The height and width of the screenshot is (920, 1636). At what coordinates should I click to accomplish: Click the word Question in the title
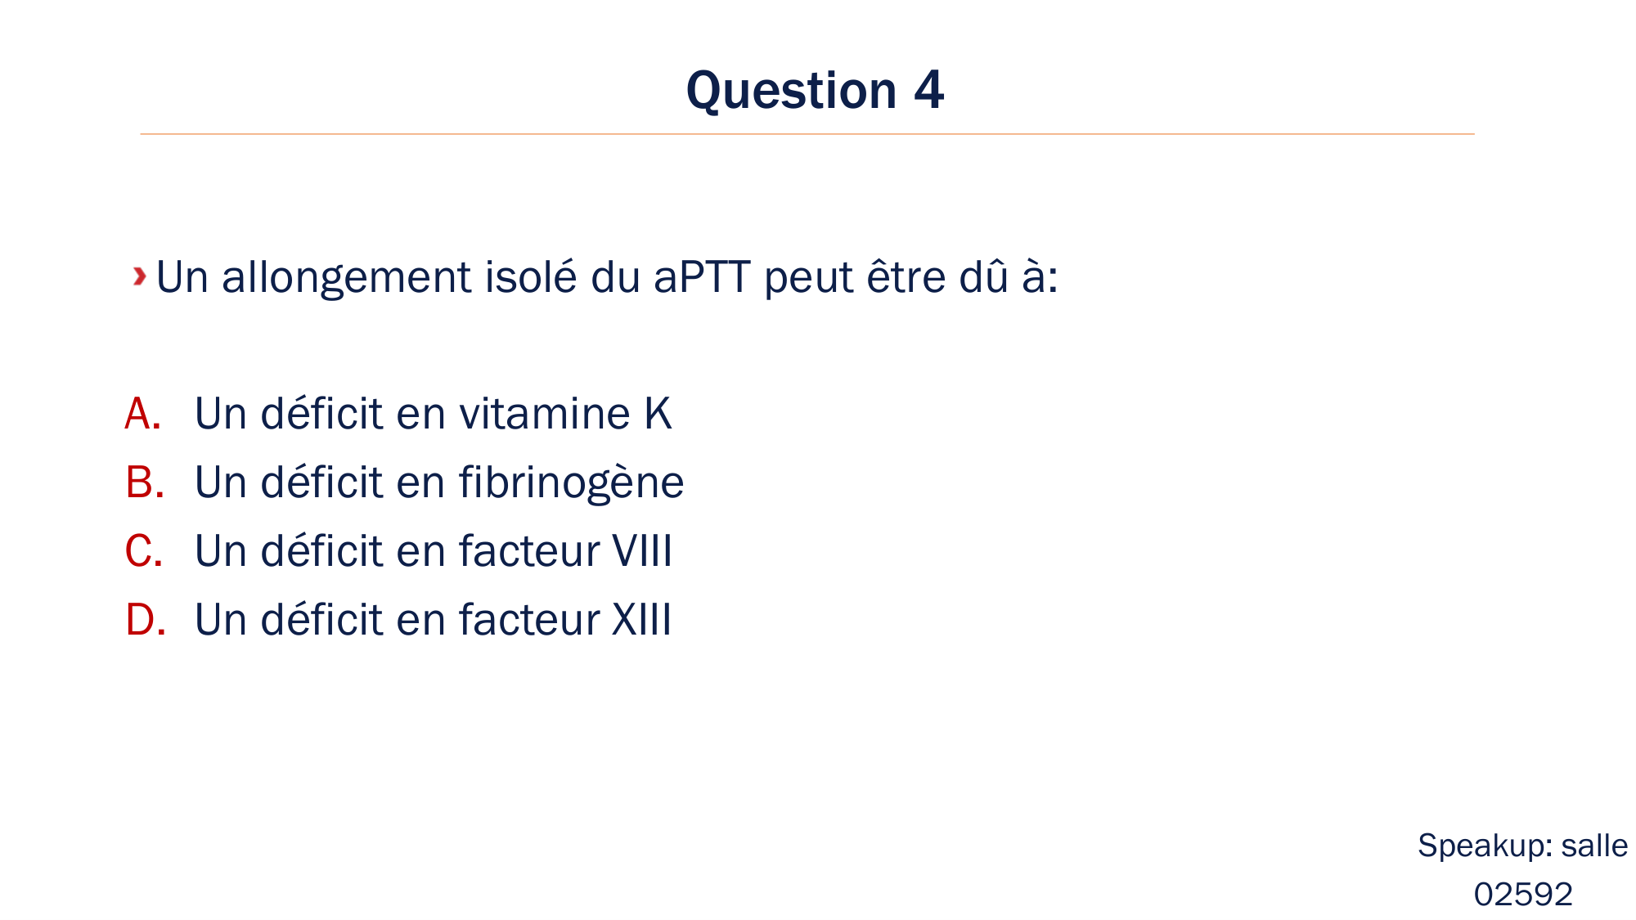click(791, 91)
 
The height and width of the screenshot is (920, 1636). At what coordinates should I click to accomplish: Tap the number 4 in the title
click(928, 91)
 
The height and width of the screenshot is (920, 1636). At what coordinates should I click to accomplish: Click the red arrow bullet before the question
click(140, 276)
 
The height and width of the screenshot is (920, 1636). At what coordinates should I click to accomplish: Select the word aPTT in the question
click(702, 278)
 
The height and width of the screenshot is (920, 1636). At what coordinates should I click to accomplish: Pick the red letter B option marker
click(144, 482)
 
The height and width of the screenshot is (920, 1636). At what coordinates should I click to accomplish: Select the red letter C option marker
click(143, 551)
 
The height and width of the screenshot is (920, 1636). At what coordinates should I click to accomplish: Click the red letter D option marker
click(145, 620)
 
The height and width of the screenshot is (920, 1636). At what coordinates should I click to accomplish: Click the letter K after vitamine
click(658, 414)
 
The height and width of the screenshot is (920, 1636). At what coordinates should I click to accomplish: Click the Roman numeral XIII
click(642, 620)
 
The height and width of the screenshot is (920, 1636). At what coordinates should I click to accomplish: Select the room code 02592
click(1523, 895)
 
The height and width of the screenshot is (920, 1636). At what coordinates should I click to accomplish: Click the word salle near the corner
click(1594, 846)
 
